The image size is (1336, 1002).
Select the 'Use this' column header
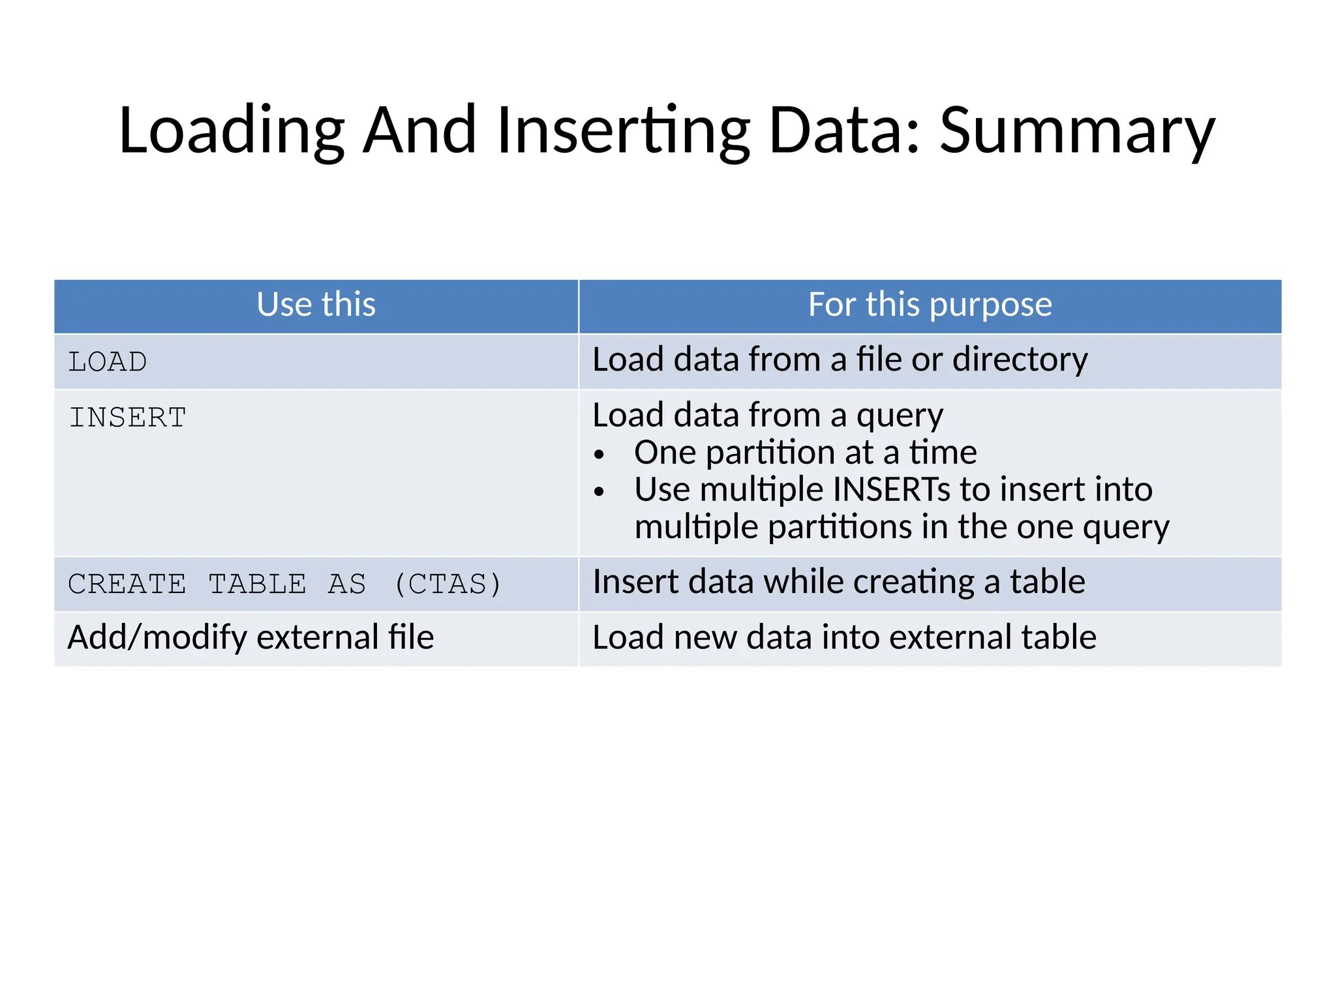pyautogui.click(x=316, y=305)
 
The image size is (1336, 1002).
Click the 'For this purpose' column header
pyautogui.click(x=930, y=305)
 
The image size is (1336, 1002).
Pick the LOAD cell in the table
pyautogui.click(x=108, y=362)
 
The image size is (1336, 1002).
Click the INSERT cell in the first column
pyautogui.click(x=128, y=417)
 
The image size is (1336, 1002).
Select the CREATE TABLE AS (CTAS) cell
pyautogui.click(x=284, y=584)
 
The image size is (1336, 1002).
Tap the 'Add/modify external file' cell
pyautogui.click(x=251, y=637)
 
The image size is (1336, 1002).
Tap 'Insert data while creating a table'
pyautogui.click(x=839, y=581)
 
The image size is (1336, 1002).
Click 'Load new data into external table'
pyautogui.click(x=844, y=637)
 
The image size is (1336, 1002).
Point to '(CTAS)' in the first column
pyautogui.click(x=448, y=584)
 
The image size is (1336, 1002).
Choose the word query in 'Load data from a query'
pyautogui.click(x=900, y=416)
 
